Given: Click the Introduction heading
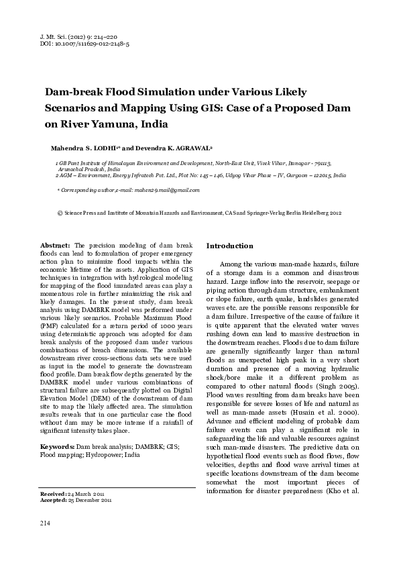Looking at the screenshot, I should pyautogui.click(x=229, y=246).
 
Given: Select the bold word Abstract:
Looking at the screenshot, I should pyautogui.click(x=56, y=246).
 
